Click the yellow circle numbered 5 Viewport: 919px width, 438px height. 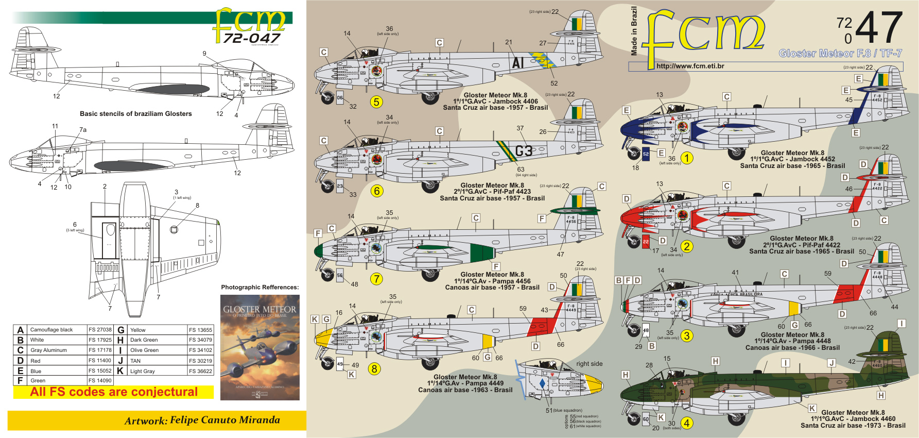[x=376, y=102]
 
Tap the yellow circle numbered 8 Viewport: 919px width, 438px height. [x=374, y=369]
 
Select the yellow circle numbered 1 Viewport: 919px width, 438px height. [x=687, y=158]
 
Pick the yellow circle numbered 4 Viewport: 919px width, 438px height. [x=686, y=424]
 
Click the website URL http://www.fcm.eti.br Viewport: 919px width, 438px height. [x=690, y=66]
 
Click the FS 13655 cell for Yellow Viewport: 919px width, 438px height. [x=200, y=330]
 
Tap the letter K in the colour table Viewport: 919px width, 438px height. [x=120, y=371]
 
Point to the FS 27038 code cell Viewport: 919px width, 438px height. [x=100, y=330]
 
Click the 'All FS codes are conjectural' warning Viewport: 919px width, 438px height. [x=114, y=392]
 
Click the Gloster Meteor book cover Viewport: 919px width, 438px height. [x=259, y=347]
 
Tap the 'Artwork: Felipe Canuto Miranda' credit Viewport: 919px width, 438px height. [x=202, y=420]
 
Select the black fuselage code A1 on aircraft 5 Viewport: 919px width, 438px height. [x=518, y=63]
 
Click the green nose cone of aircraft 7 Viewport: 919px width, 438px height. [x=318, y=251]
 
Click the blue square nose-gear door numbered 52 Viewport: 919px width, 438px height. [x=646, y=154]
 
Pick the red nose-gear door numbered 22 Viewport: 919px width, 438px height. [x=646, y=241]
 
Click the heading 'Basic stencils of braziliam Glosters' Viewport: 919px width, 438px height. [x=135, y=114]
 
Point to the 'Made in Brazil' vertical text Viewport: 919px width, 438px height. [x=634, y=31]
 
